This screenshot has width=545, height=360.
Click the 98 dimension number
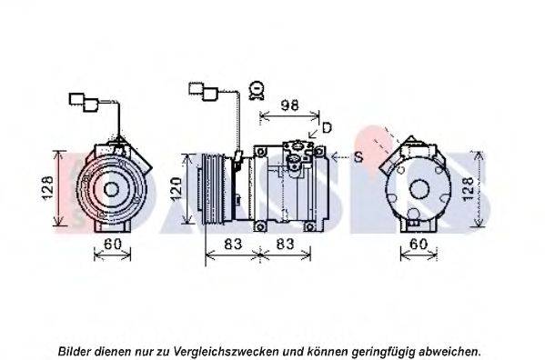[x=289, y=105]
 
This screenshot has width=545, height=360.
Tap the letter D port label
[x=327, y=128]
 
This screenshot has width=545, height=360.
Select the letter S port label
[x=358, y=157]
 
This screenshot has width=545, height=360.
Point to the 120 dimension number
[x=177, y=189]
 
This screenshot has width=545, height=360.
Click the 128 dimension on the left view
[x=47, y=188]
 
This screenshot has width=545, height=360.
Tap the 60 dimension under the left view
[x=113, y=244]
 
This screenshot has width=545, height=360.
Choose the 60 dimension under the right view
[x=419, y=244]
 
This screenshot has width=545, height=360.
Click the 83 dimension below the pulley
[x=233, y=244]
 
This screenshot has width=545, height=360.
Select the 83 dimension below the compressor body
[x=285, y=244]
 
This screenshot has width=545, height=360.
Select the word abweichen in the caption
[x=449, y=351]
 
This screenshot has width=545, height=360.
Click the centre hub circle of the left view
[x=111, y=190]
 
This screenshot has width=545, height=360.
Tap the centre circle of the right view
[x=419, y=189]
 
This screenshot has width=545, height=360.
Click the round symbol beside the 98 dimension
[x=257, y=91]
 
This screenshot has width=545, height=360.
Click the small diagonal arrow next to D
[x=313, y=133]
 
